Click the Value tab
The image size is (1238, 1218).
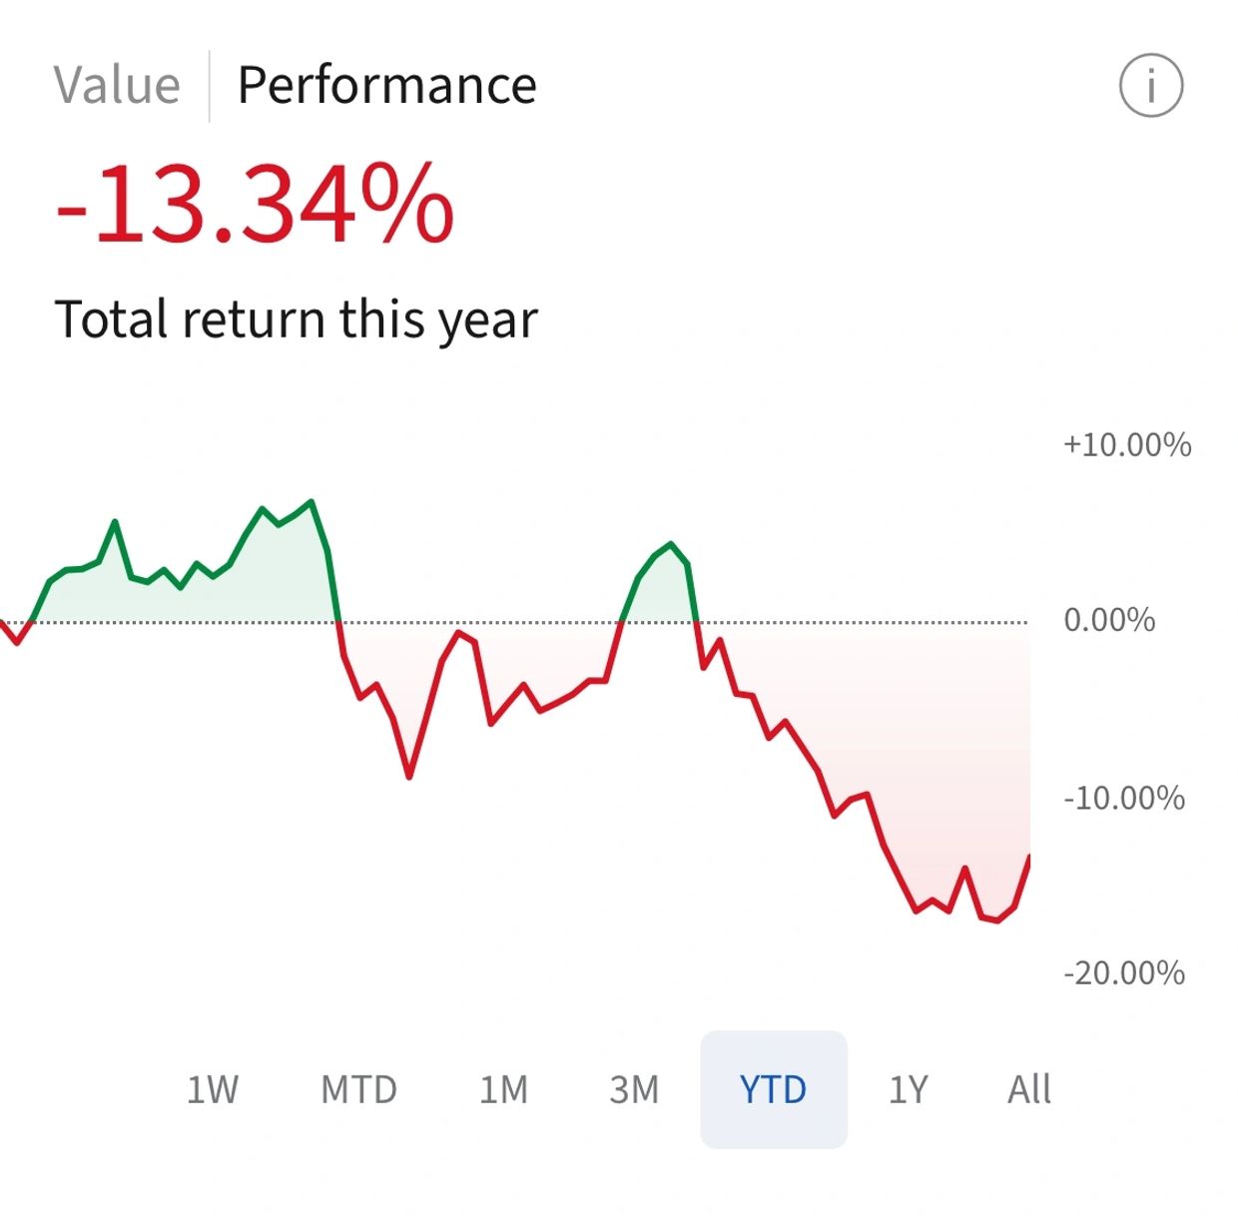117,86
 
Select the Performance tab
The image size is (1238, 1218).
386,86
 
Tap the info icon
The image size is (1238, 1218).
1150,86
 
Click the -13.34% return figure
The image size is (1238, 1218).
255,206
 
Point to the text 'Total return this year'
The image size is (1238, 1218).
296,319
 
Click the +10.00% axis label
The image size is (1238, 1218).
1126,445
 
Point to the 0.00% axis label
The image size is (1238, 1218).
1108,621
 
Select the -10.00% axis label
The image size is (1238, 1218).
1123,799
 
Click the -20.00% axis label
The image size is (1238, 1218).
1123,973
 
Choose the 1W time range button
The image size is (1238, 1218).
213,1089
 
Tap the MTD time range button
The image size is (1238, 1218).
358,1089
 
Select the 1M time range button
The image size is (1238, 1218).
503,1089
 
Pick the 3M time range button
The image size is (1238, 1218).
634,1089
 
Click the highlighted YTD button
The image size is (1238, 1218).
773,1089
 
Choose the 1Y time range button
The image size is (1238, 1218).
908,1089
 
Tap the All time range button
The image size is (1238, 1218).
1028,1089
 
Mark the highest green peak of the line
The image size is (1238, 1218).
311,501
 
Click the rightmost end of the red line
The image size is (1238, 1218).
1028,857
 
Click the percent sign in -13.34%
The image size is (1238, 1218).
407,206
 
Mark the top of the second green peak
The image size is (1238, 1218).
671,544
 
